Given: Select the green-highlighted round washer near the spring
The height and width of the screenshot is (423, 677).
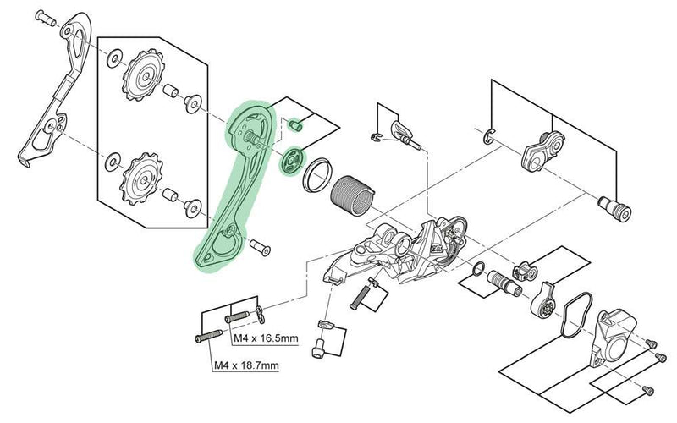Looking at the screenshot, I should click(x=292, y=159).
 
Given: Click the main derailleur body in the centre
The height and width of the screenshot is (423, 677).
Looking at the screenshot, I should click(x=406, y=250).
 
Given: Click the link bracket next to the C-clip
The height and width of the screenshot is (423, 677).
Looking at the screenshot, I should click(x=539, y=152).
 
